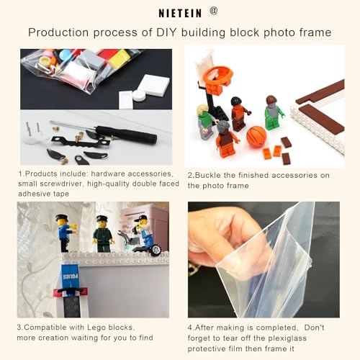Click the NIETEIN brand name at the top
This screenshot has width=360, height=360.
pyautogui.click(x=180, y=13)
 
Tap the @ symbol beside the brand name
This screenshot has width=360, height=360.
pyautogui.click(x=214, y=11)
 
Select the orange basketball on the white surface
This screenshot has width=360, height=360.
pyautogui.click(x=256, y=137)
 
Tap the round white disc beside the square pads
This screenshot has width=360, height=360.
pyautogui.click(x=139, y=96)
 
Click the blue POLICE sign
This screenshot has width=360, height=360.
pyautogui.click(x=70, y=276)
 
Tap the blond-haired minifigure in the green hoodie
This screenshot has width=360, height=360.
pyautogui.click(x=207, y=122)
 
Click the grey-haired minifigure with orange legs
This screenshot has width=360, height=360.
pyautogui.click(x=225, y=139)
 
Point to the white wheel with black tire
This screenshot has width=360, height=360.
pyautogui.click(x=156, y=249)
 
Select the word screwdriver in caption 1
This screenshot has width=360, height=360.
pyautogui.click(x=60, y=184)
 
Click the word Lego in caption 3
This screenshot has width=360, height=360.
pyautogui.click(x=96, y=328)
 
